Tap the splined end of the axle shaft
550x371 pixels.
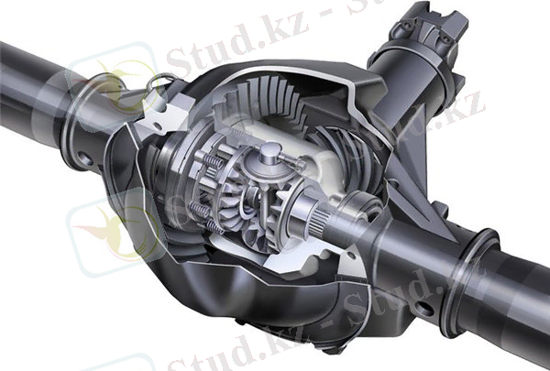click(319, 223)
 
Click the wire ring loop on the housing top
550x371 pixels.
click(159, 82)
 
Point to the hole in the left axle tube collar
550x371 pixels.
click(85, 158)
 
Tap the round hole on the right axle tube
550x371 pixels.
click(424, 309)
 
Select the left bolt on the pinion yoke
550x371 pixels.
click(407, 26)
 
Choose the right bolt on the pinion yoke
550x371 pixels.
click(445, 38)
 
